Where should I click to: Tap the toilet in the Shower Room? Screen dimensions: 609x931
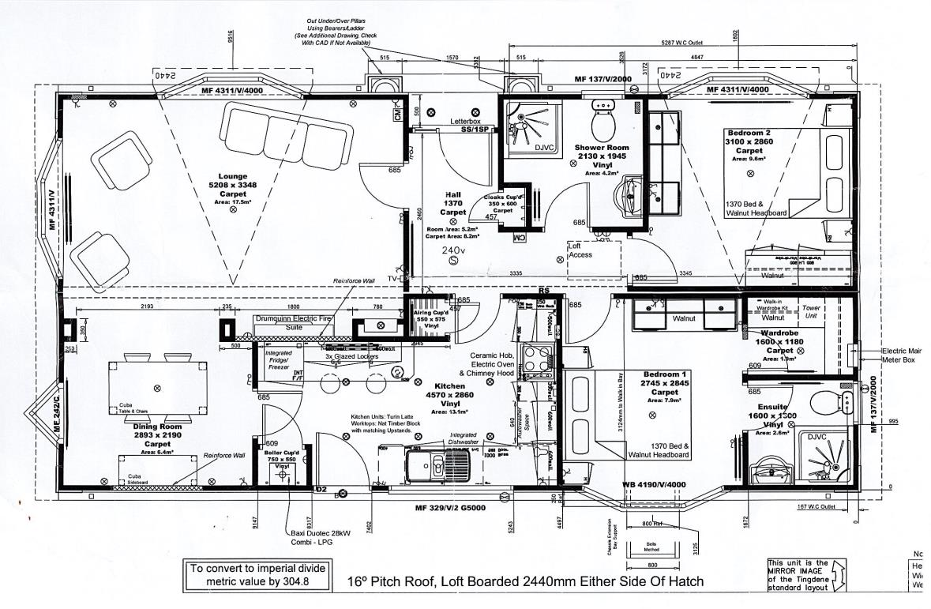(604, 118)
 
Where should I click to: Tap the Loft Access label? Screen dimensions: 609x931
(580, 250)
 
